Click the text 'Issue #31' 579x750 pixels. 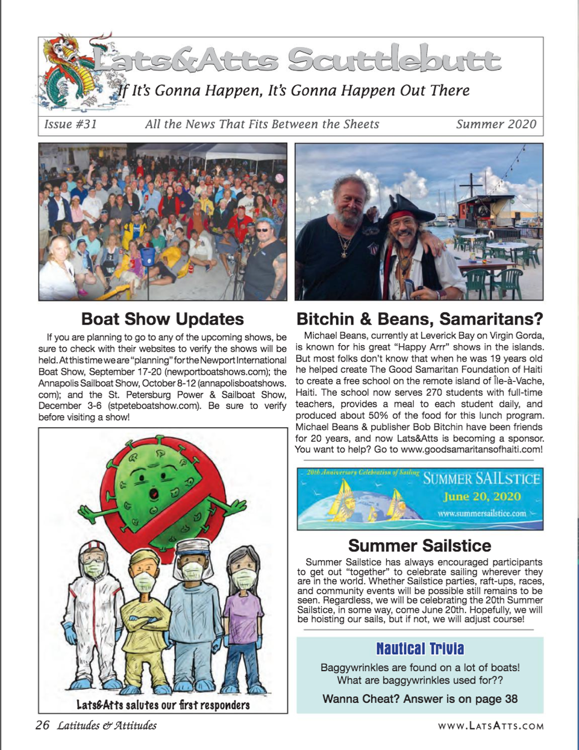(70, 124)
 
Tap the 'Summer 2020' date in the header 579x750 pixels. (496, 124)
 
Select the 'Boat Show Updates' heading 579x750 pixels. (163, 319)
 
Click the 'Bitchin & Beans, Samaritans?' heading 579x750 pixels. (419, 319)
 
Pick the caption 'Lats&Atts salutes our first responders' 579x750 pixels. (163, 705)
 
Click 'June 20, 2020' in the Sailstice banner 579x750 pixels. (482, 496)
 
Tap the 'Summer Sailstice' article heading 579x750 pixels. (419, 546)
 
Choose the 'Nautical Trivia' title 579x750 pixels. (420, 649)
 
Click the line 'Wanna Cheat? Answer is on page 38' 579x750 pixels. (420, 699)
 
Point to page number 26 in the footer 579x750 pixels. (42, 725)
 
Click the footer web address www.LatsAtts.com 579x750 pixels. (490, 726)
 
